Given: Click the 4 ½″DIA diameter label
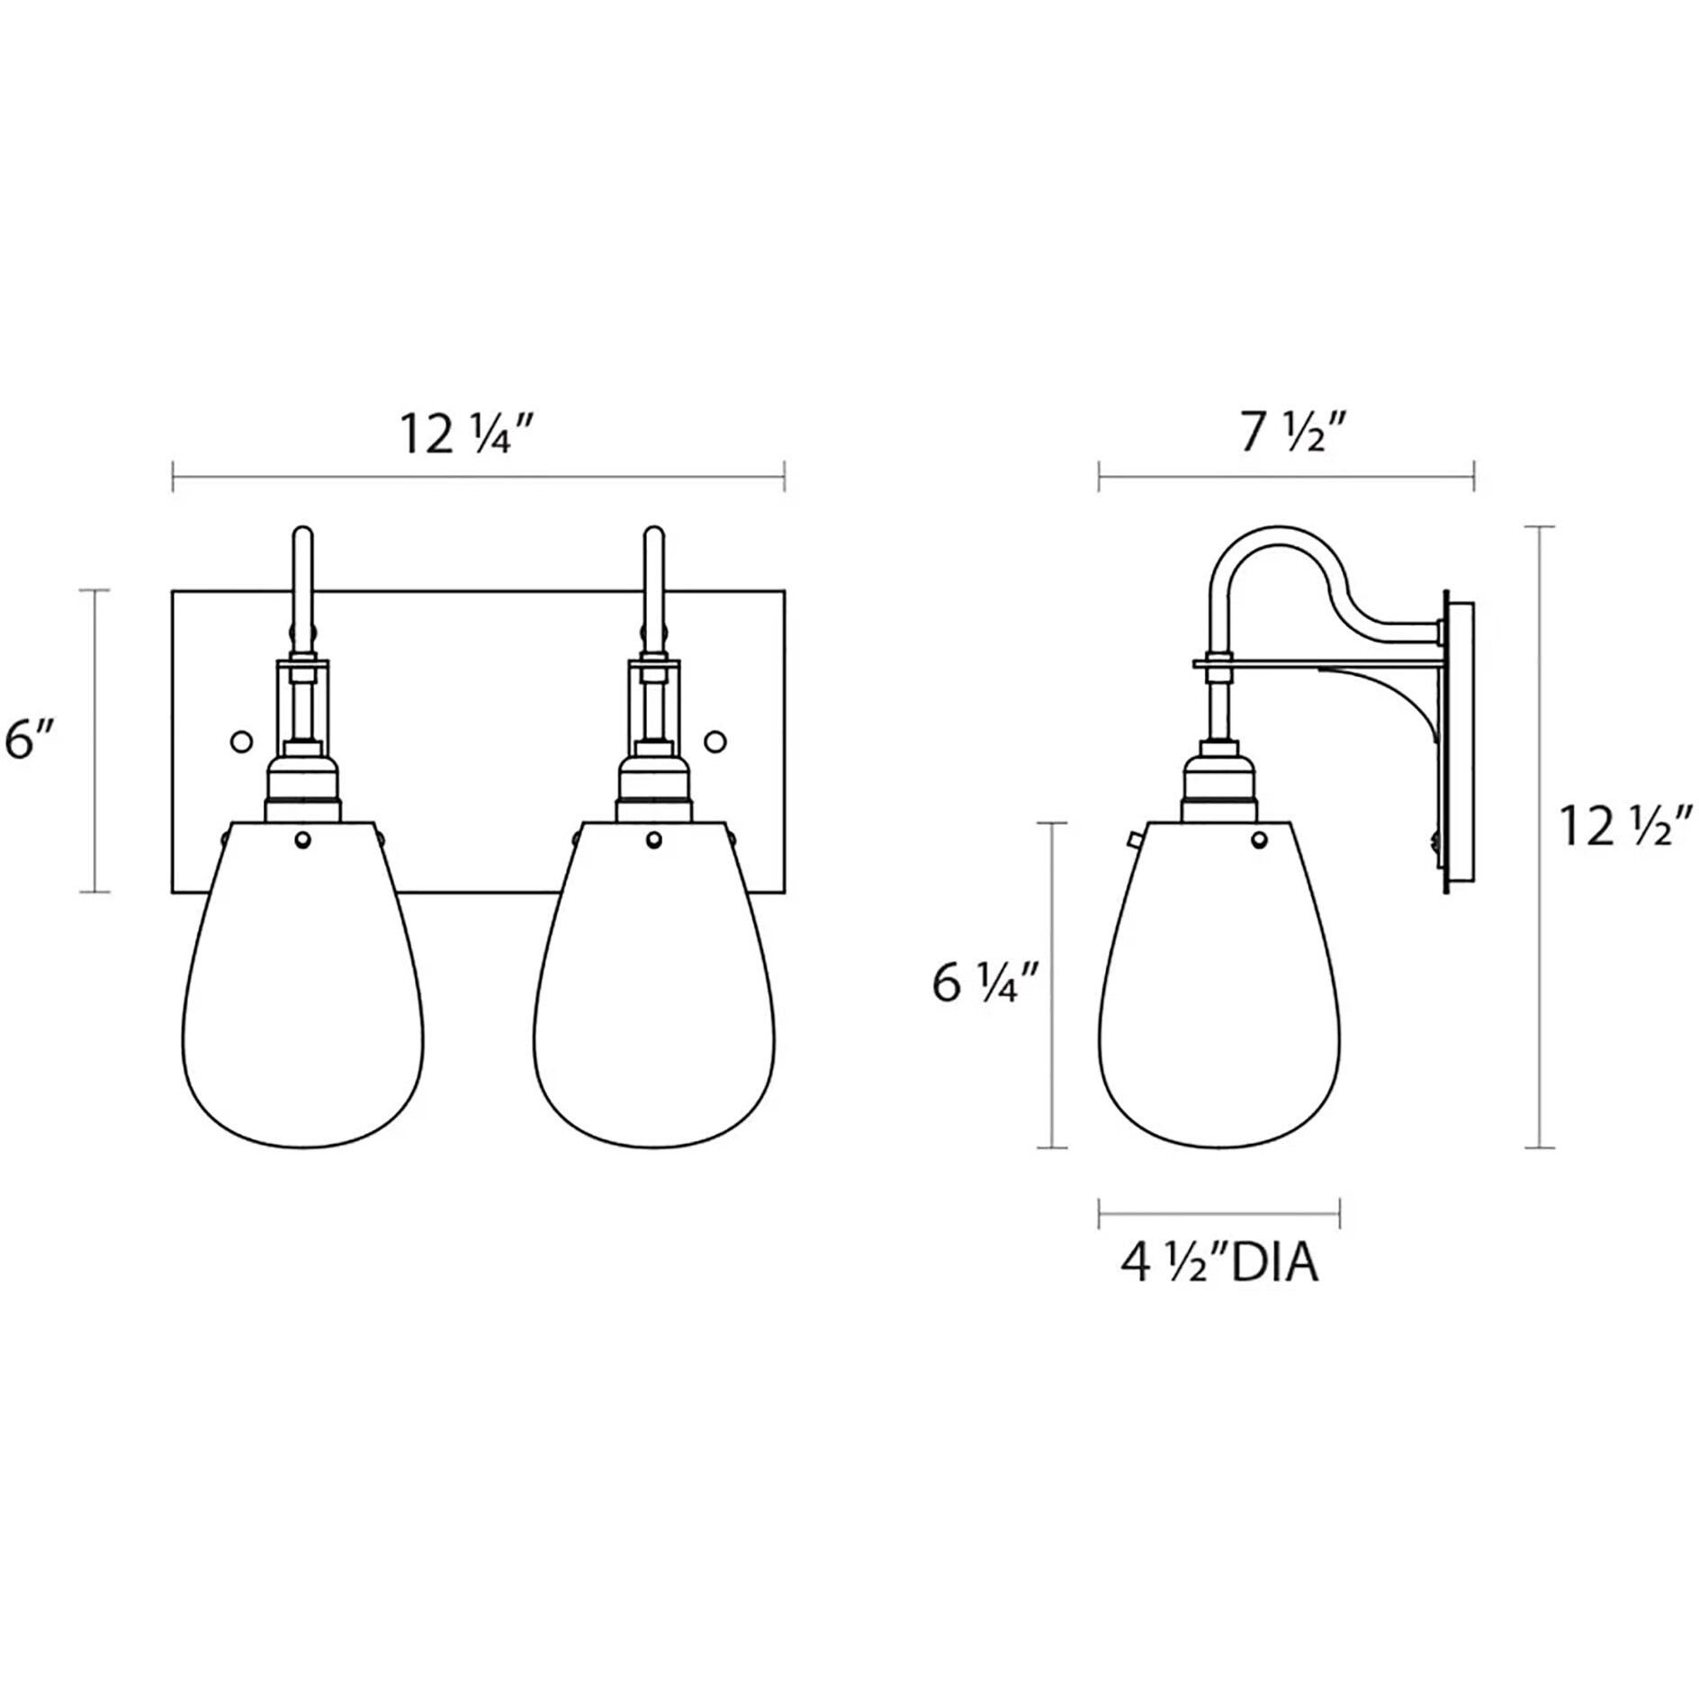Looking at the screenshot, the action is pos(1219,1264).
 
